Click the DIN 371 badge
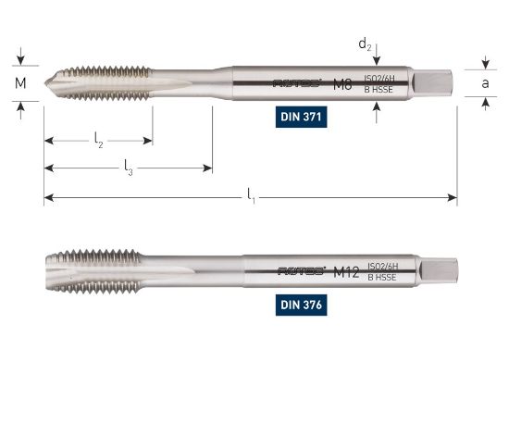tap(304, 118)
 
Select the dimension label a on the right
tap(485, 83)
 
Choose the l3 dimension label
tap(129, 167)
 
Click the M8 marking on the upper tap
tap(342, 83)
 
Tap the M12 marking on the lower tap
tap(345, 270)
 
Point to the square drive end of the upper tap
tap(436, 83)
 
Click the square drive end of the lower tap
tap(439, 269)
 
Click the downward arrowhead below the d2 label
tap(377, 61)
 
